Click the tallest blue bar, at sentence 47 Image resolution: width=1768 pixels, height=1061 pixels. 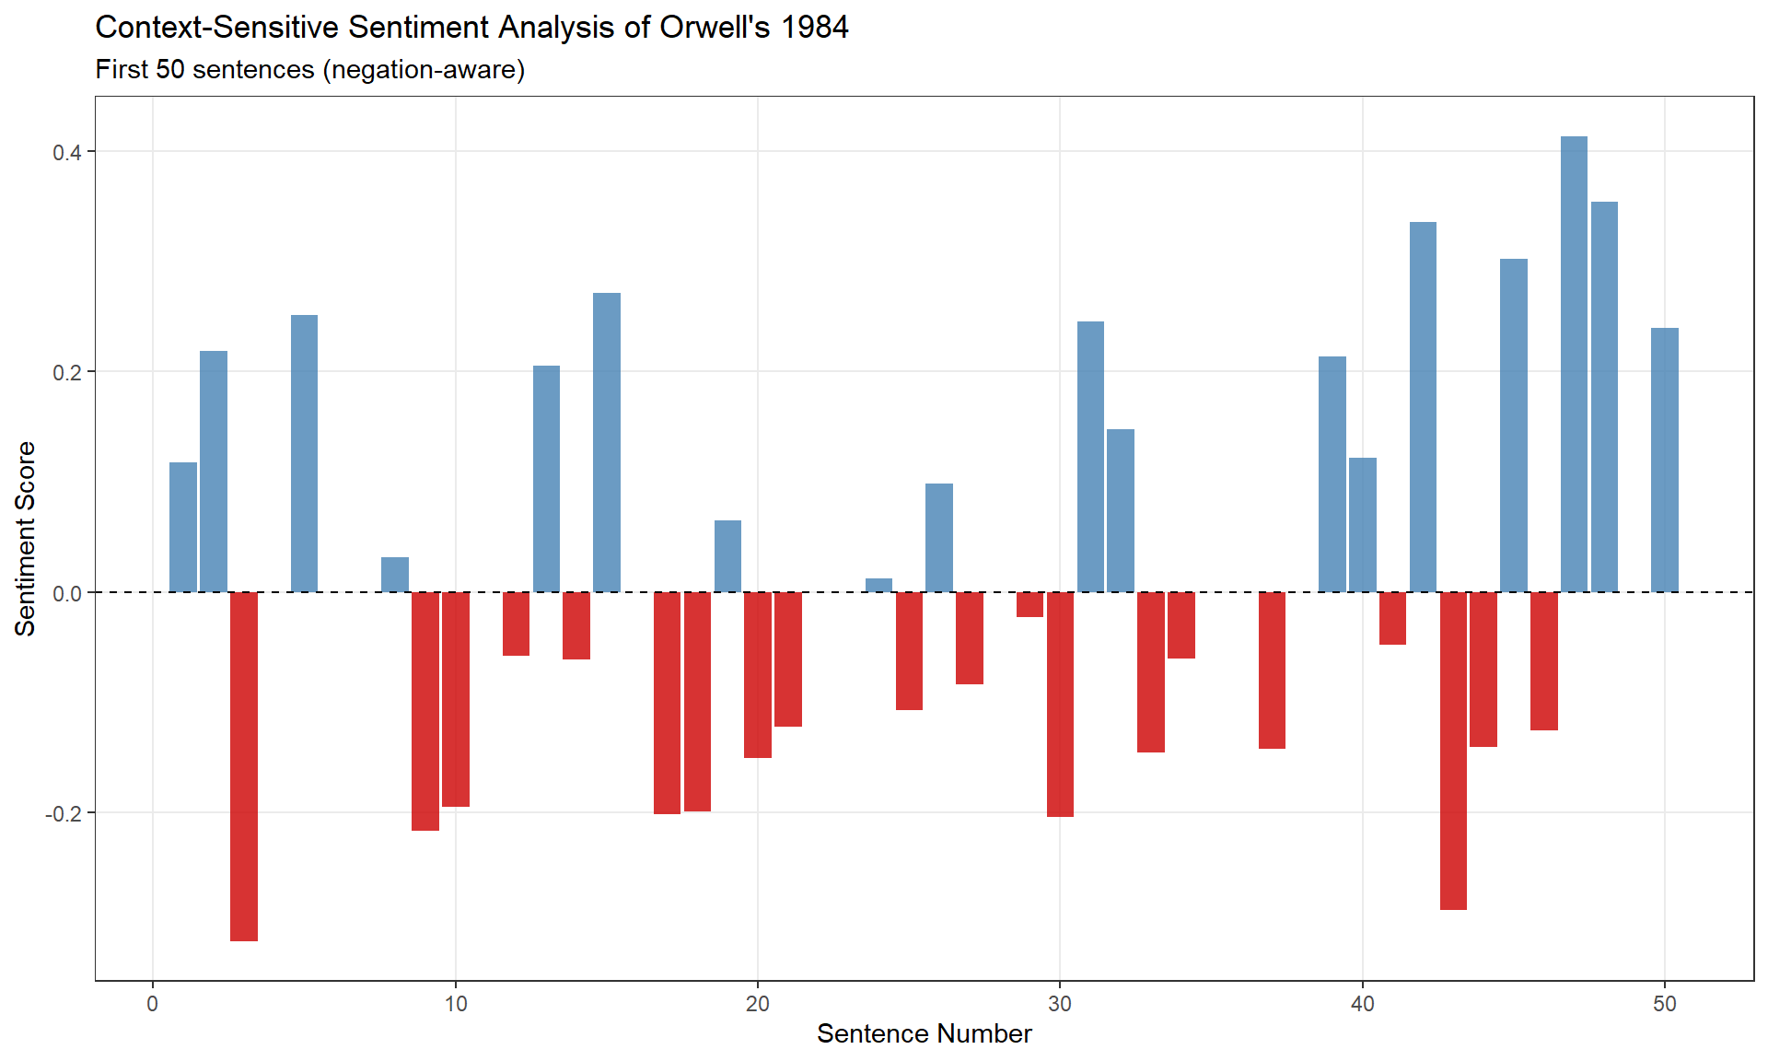coord(1574,364)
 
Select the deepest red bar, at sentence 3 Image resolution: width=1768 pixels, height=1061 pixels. coord(244,766)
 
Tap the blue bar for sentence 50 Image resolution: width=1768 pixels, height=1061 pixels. coord(1664,460)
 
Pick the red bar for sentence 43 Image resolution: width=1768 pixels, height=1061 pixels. coord(1453,751)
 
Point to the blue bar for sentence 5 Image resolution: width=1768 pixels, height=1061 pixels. coord(305,453)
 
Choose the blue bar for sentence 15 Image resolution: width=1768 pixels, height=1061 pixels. coord(607,442)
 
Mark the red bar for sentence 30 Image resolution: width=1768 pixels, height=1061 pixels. coord(1060,705)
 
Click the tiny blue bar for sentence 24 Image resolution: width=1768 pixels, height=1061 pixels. coord(879,586)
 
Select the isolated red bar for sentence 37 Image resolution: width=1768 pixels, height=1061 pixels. coord(1272,670)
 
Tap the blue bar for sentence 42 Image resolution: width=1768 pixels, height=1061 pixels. coord(1423,407)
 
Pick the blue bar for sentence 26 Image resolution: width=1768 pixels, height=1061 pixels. coord(939,538)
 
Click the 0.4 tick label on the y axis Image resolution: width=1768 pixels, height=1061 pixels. coord(67,152)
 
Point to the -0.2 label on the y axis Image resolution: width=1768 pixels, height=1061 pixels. coord(64,813)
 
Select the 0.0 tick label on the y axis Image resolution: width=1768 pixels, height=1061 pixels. coord(67,593)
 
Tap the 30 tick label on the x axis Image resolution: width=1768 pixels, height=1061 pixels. coord(1060,1004)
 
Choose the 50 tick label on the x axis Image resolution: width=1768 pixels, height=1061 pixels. coord(1664,1004)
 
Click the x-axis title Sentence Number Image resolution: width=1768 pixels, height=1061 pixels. coord(924,1034)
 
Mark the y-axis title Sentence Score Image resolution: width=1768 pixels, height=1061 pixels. coord(26,539)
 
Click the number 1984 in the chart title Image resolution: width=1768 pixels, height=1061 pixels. coord(814,28)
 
